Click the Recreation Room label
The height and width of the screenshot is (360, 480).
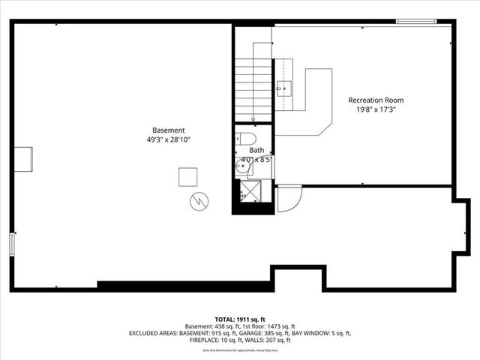point(376,100)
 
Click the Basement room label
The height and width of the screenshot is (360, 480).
point(168,129)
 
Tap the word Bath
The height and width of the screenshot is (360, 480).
point(256,150)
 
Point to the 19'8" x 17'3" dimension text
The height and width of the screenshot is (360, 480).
point(376,109)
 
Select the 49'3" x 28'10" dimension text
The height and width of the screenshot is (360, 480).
point(168,139)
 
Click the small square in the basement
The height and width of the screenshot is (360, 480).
point(187,176)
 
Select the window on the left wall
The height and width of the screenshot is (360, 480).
point(11,245)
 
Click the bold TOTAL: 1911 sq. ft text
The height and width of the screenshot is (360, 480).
point(240,319)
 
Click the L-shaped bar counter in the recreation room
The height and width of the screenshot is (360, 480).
point(319,101)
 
